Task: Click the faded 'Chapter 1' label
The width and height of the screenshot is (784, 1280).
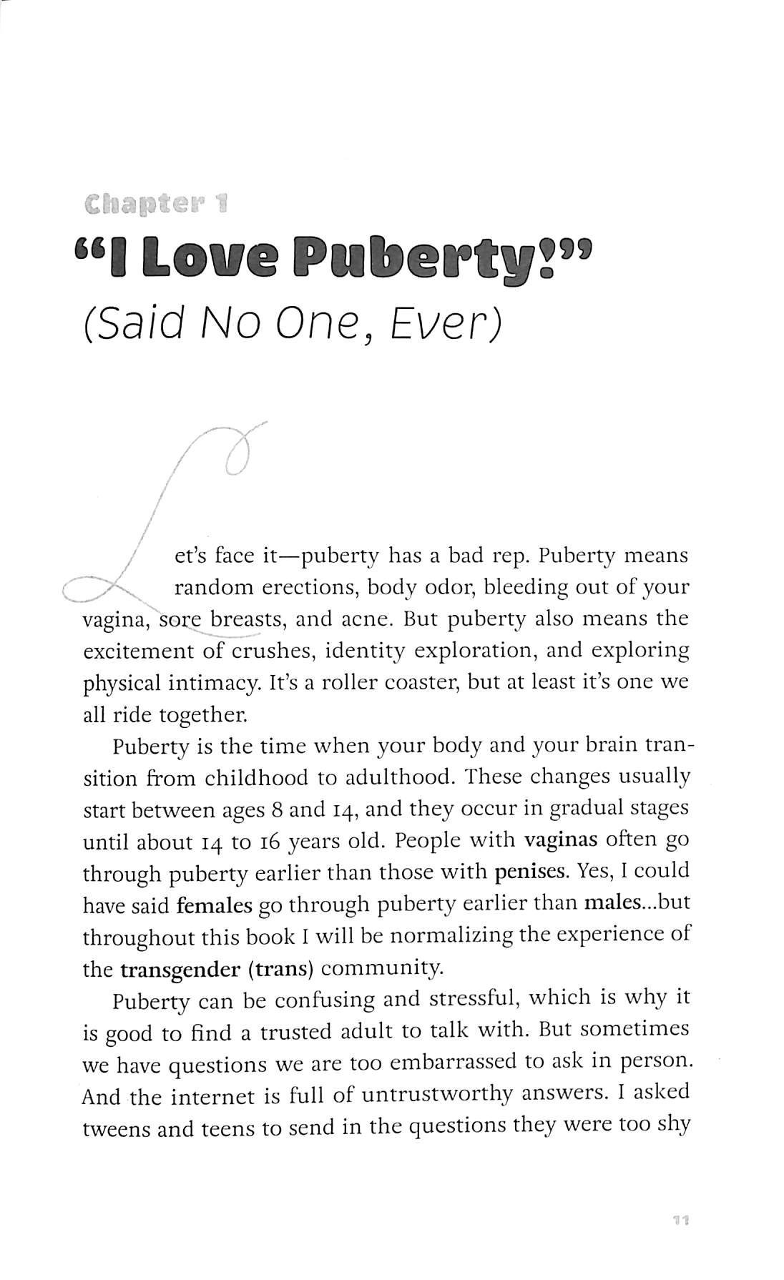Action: [x=155, y=206]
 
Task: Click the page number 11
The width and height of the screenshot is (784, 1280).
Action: [x=680, y=1220]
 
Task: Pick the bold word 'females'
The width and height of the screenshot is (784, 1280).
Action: [x=215, y=905]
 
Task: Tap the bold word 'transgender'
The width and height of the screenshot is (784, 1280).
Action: [x=180, y=969]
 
